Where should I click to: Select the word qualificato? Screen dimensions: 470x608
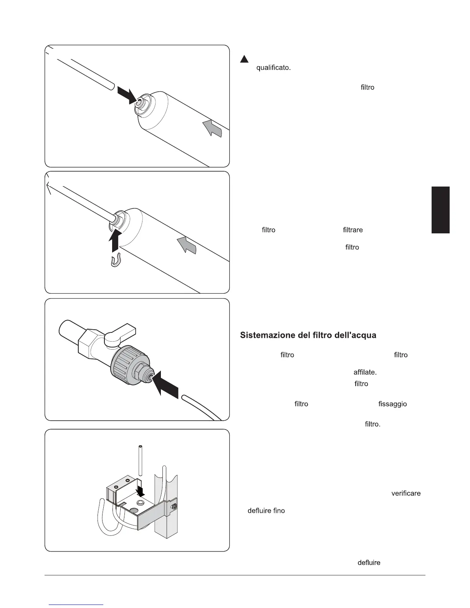coord(273,68)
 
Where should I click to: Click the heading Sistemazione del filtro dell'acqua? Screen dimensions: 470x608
coord(308,335)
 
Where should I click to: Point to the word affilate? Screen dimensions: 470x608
coord(365,372)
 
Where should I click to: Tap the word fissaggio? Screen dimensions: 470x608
coord(392,404)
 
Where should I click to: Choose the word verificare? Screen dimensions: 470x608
coord(406,493)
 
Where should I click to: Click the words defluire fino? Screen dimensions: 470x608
coord(266,511)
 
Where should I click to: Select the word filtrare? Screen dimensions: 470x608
coord(352,230)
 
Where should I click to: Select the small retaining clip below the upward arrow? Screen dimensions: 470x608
coord(116,261)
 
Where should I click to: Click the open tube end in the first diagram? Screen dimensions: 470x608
coord(111,86)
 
